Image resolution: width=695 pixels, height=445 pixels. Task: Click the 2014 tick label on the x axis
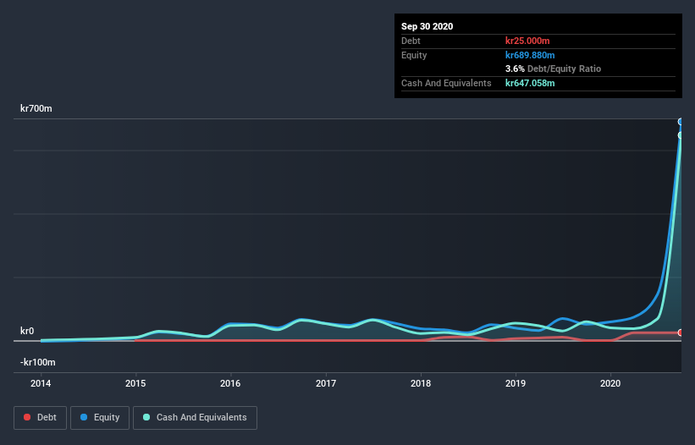pyautogui.click(x=41, y=383)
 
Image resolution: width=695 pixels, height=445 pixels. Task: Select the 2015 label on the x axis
pyautogui.click(x=135, y=383)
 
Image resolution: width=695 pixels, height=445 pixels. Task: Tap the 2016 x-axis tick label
pyautogui.click(x=230, y=383)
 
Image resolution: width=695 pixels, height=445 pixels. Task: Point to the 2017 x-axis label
pyautogui.click(x=326, y=383)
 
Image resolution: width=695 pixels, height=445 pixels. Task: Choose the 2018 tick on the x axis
pyautogui.click(x=421, y=383)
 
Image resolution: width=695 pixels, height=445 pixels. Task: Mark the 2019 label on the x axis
pyautogui.click(x=516, y=383)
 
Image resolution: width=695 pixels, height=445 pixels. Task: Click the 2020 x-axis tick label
pyautogui.click(x=610, y=383)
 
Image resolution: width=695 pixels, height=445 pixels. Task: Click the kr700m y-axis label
pyautogui.click(x=36, y=109)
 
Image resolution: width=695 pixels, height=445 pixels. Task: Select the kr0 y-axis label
pyautogui.click(x=27, y=331)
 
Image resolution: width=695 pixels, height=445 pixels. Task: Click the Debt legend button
pyautogui.click(x=39, y=417)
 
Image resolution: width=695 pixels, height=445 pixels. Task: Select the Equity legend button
pyautogui.click(x=99, y=417)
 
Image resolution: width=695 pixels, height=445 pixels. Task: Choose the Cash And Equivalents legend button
pyautogui.click(x=195, y=417)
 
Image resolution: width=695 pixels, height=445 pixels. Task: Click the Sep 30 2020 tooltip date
pyautogui.click(x=427, y=26)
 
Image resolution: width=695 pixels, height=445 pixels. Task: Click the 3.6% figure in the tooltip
pyautogui.click(x=515, y=69)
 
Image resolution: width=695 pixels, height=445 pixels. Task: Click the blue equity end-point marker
pyautogui.click(x=680, y=122)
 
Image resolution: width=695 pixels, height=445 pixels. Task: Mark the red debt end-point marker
pyautogui.click(x=680, y=332)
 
